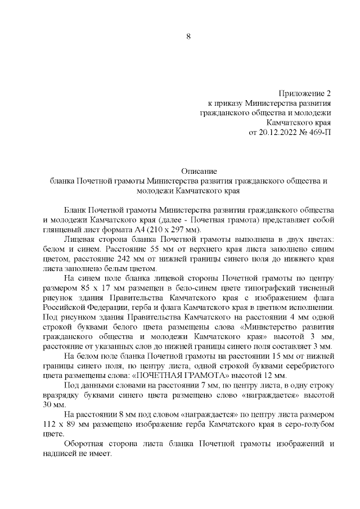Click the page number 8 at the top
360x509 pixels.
[x=188, y=37]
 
